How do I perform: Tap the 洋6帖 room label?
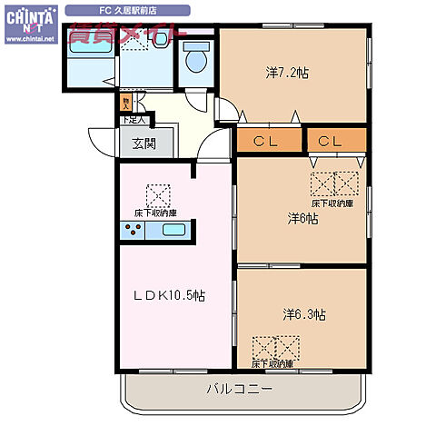click(302, 218)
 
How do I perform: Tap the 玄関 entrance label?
click(144, 143)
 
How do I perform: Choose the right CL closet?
click(331, 141)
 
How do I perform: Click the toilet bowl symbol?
click(193, 60)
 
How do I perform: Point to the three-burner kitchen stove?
click(134, 230)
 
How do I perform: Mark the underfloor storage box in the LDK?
click(158, 195)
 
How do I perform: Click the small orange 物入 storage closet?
click(126, 103)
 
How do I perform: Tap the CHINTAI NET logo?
click(29, 25)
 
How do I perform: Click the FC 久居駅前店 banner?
click(128, 10)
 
